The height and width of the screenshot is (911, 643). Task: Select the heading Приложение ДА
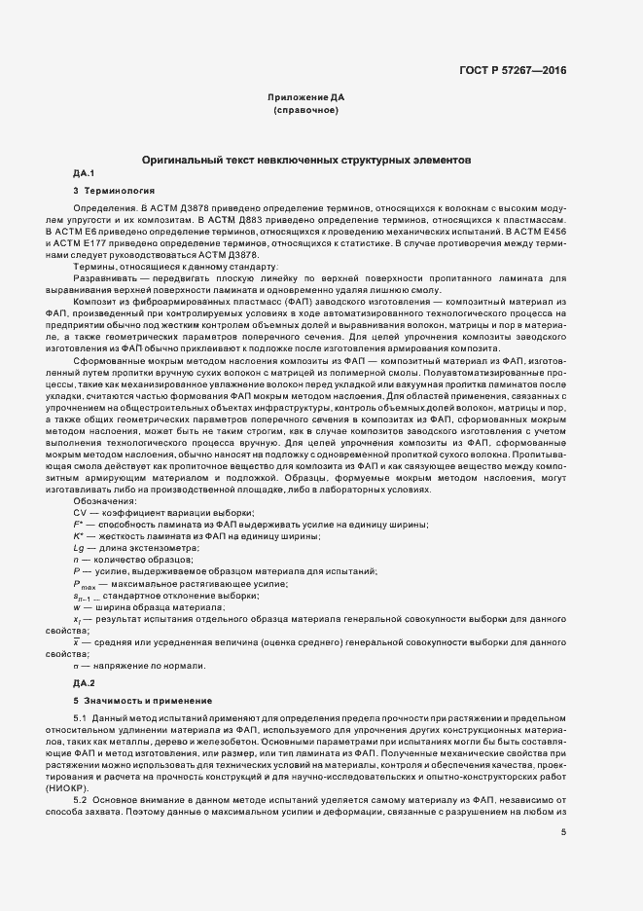click(x=305, y=98)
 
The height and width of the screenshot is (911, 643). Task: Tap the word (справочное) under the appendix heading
click(x=305, y=111)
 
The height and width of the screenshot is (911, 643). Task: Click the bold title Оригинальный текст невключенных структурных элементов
click(x=305, y=158)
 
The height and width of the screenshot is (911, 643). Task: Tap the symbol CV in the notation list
click(x=80, y=512)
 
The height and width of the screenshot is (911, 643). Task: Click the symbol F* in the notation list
click(x=79, y=525)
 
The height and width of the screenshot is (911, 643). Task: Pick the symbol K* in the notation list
click(x=79, y=536)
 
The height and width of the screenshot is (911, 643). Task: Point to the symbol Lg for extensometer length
click(x=79, y=548)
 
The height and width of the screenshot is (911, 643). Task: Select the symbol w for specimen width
click(x=76, y=606)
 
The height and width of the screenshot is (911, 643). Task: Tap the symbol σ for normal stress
click(x=76, y=666)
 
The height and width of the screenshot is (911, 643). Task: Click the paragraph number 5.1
click(x=81, y=717)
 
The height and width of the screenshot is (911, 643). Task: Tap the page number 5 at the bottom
click(x=563, y=831)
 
